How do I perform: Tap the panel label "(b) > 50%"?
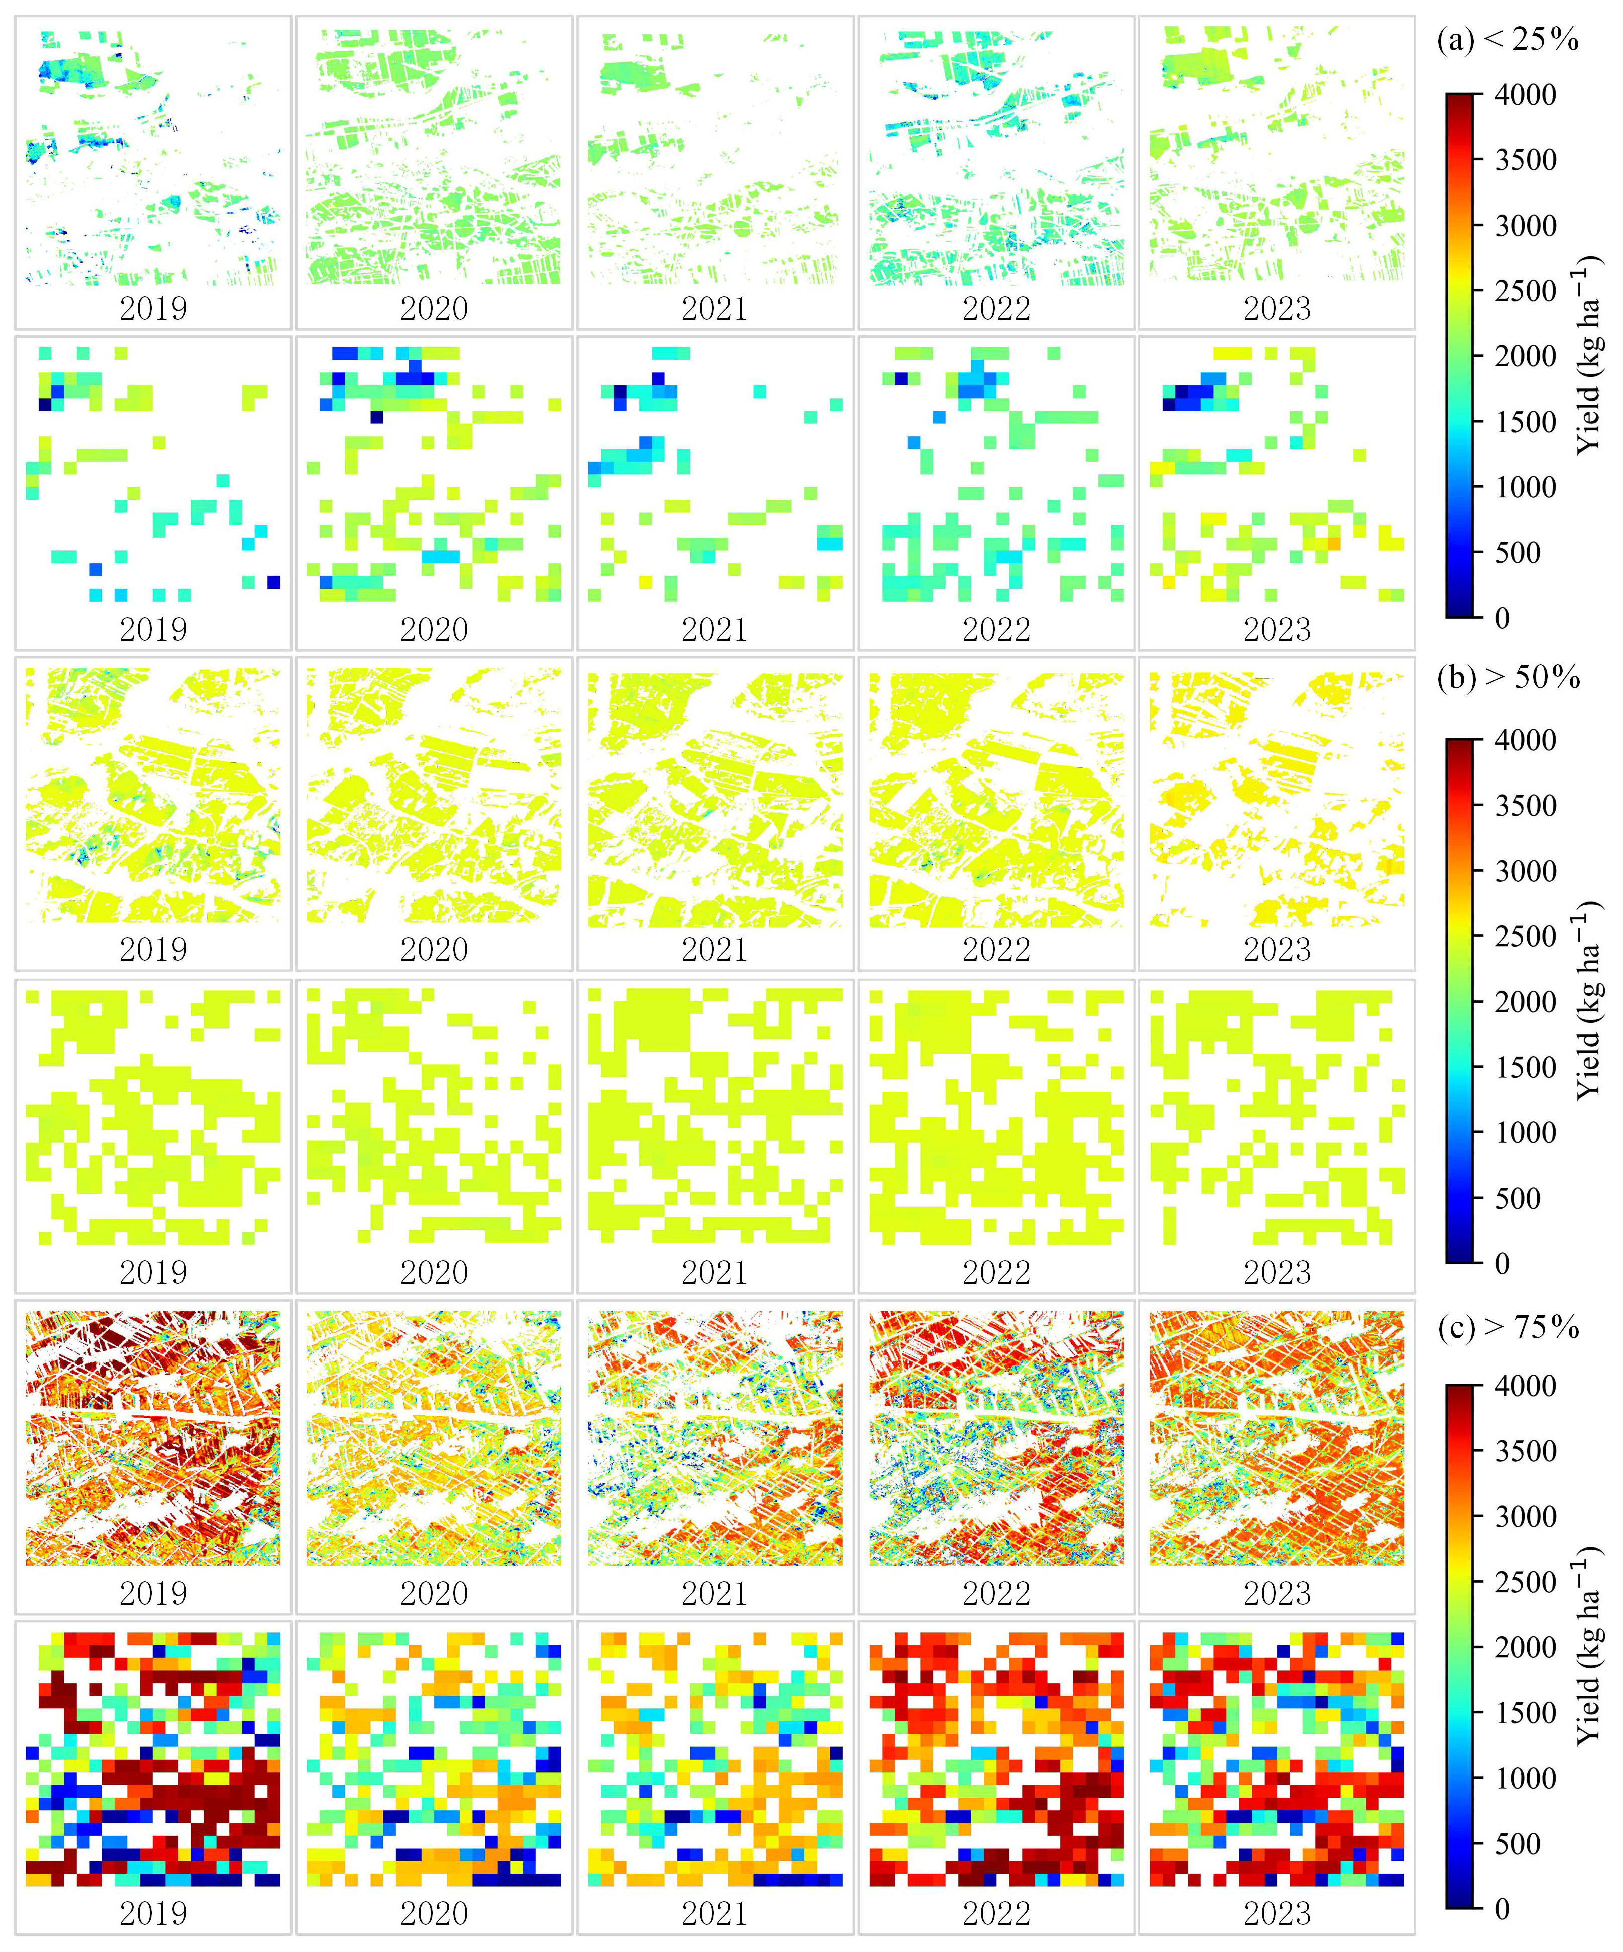[1508, 678]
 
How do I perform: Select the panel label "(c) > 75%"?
[1508, 1327]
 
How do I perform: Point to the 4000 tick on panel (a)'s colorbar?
[1524, 95]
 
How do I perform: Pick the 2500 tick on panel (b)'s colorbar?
[1524, 937]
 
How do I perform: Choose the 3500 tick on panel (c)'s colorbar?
[1524, 1451]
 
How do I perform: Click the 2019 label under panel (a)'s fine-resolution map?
[153, 309]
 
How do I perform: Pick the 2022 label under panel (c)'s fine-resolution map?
[995, 1593]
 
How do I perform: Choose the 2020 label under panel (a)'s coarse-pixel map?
[434, 629]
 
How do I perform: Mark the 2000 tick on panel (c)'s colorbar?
[1524, 1647]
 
